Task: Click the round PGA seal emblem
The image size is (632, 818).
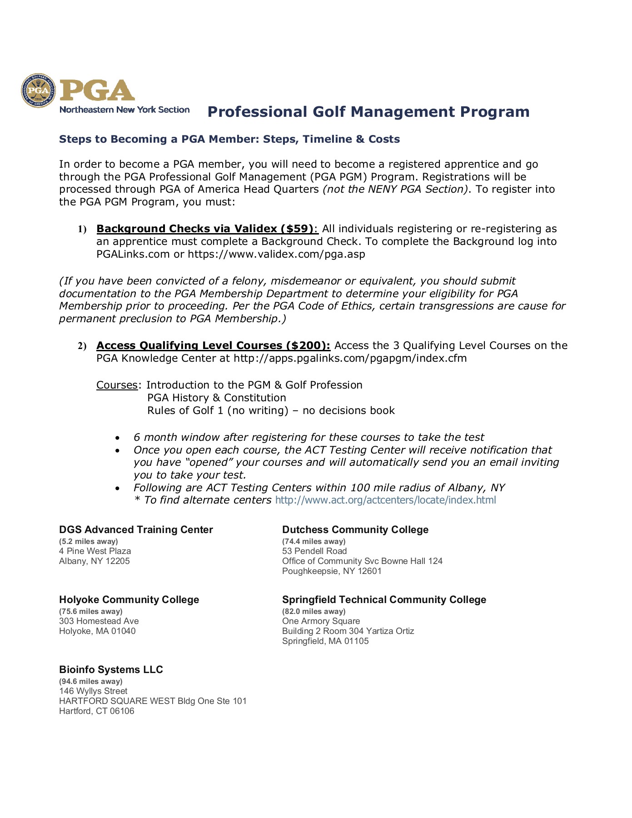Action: pos(39,91)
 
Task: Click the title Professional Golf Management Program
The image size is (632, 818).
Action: pos(368,112)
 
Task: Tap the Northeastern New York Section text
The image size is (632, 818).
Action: pos(124,110)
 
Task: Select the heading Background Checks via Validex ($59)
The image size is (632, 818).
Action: pos(205,229)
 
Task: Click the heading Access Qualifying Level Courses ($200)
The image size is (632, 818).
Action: pos(213,345)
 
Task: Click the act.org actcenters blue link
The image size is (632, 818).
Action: pos(385,500)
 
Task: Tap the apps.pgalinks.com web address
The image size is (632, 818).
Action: pos(350,358)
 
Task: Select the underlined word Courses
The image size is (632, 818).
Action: pos(117,385)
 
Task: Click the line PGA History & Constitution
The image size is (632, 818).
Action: pos(216,398)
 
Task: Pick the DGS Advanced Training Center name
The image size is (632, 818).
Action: pos(136,530)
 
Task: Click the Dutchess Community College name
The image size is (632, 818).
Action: pos(355,530)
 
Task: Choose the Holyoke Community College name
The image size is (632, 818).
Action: pos(129,600)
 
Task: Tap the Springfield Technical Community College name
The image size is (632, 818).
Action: pos(384,600)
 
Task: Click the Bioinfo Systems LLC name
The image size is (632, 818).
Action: pos(111,670)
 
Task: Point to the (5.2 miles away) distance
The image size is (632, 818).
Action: pos(89,541)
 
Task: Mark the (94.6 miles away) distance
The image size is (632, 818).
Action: pos(90,681)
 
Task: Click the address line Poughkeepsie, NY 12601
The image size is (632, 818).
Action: pos(332,571)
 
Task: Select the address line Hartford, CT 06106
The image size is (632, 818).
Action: pos(97,711)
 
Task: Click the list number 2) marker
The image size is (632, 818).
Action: pos(82,346)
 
